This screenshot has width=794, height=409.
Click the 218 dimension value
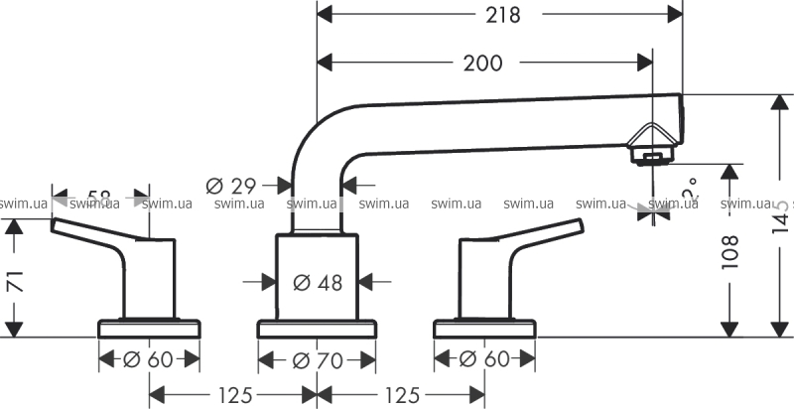click(499, 14)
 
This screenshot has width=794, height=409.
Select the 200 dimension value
click(482, 63)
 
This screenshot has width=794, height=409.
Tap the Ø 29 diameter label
click(231, 185)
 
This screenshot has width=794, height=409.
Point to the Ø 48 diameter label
click(318, 282)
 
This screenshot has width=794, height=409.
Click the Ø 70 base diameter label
click(318, 358)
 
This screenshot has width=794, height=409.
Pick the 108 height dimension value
click(729, 254)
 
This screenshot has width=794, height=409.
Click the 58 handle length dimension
click(99, 199)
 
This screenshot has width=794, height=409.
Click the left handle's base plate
click(151, 328)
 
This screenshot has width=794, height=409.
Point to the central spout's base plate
click(318, 328)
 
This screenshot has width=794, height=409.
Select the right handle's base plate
click(485, 328)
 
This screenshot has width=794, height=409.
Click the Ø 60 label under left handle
click(151, 358)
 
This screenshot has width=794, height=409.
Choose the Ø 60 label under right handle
click(485, 358)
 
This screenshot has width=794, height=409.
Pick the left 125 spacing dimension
click(234, 394)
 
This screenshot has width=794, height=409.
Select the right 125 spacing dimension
click(402, 394)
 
